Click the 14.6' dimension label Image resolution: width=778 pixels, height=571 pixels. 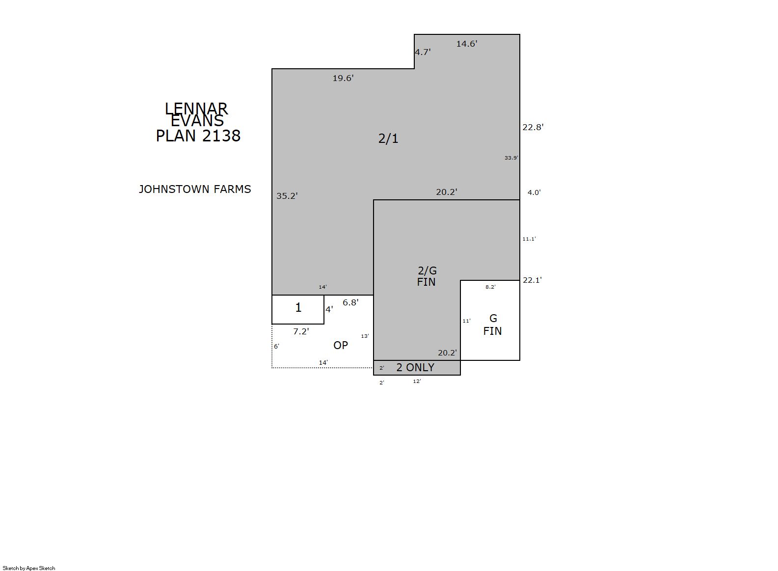click(466, 44)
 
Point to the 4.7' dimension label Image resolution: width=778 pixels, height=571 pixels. click(423, 52)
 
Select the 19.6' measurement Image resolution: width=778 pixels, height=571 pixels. click(343, 78)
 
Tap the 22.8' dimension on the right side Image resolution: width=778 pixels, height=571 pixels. click(533, 127)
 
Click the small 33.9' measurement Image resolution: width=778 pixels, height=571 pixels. click(511, 158)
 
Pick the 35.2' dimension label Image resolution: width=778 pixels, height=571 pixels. click(287, 196)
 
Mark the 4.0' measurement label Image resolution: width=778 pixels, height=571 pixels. click(534, 192)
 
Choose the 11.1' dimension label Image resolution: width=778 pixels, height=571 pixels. click(529, 239)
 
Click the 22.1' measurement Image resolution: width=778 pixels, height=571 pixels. click(532, 280)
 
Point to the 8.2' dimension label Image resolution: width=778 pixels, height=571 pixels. click(490, 287)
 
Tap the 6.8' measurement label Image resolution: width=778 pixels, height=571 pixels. click(350, 302)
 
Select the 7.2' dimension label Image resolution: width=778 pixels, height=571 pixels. click(301, 331)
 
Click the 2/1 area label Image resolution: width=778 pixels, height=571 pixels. click(388, 138)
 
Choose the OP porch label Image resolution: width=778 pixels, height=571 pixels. click(340, 345)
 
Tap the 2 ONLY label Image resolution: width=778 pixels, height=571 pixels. click(415, 367)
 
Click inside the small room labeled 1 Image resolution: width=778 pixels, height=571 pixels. click(297, 309)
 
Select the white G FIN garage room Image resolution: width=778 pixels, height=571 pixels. click(490, 320)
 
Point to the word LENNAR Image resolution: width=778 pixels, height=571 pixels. click(196, 109)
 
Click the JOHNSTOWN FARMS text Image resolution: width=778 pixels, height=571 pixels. click(195, 190)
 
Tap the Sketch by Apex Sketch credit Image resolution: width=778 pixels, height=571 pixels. click(29, 568)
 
